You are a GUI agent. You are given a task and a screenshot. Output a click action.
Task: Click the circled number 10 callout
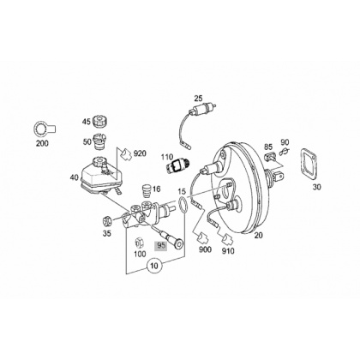[154, 266]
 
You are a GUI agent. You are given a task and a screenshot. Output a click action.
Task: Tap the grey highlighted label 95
[160, 246]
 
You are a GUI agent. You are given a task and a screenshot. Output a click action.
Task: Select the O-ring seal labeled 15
[183, 205]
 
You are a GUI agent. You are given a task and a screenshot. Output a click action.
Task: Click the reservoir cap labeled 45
[100, 121]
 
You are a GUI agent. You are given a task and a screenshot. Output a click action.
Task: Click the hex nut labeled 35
[107, 221]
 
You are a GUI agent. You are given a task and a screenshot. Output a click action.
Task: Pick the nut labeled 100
[139, 243]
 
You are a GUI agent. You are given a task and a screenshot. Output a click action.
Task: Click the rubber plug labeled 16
[147, 190]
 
